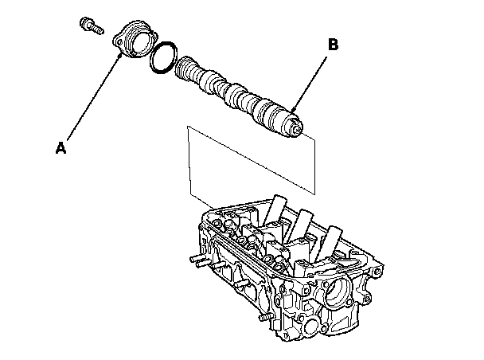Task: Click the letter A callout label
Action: [60, 147]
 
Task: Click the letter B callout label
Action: [333, 45]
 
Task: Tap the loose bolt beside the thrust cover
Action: [92, 26]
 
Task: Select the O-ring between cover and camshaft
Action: [164, 57]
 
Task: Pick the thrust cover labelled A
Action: [135, 39]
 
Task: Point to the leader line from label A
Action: [93, 98]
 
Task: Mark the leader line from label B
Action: [309, 84]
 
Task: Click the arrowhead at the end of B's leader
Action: [293, 109]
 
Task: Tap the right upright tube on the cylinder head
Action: [330, 242]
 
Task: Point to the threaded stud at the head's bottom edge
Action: [264, 316]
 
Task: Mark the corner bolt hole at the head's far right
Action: [377, 272]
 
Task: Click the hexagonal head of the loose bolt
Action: [84, 23]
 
